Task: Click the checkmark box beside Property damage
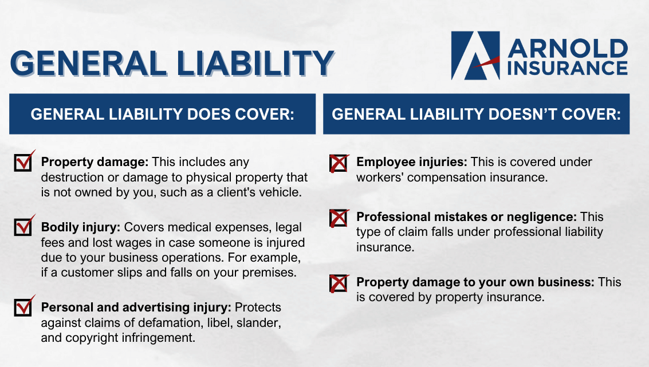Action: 23,163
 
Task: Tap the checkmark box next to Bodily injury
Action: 23,228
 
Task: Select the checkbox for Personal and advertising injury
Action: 23,308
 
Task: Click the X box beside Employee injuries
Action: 339,164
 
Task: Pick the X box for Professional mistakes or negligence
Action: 339,218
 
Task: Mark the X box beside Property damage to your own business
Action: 339,283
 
